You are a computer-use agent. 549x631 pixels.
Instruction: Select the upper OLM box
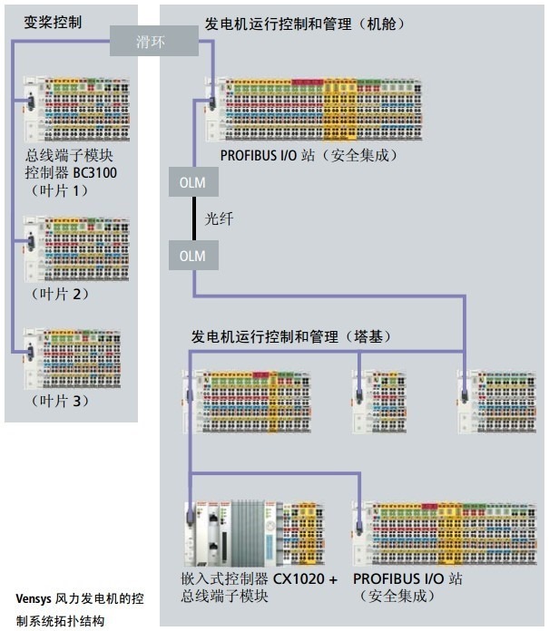click(192, 183)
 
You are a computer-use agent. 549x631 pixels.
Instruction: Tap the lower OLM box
click(192, 256)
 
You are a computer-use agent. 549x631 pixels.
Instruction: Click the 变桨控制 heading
click(53, 21)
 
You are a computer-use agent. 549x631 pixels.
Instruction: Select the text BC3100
click(95, 172)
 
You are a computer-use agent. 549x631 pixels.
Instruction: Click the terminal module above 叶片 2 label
click(73, 249)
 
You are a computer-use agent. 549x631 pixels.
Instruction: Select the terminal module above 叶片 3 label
click(73, 358)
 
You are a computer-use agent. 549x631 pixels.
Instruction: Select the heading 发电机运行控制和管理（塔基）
click(290, 336)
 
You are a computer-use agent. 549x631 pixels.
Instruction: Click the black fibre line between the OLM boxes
click(192, 219)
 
